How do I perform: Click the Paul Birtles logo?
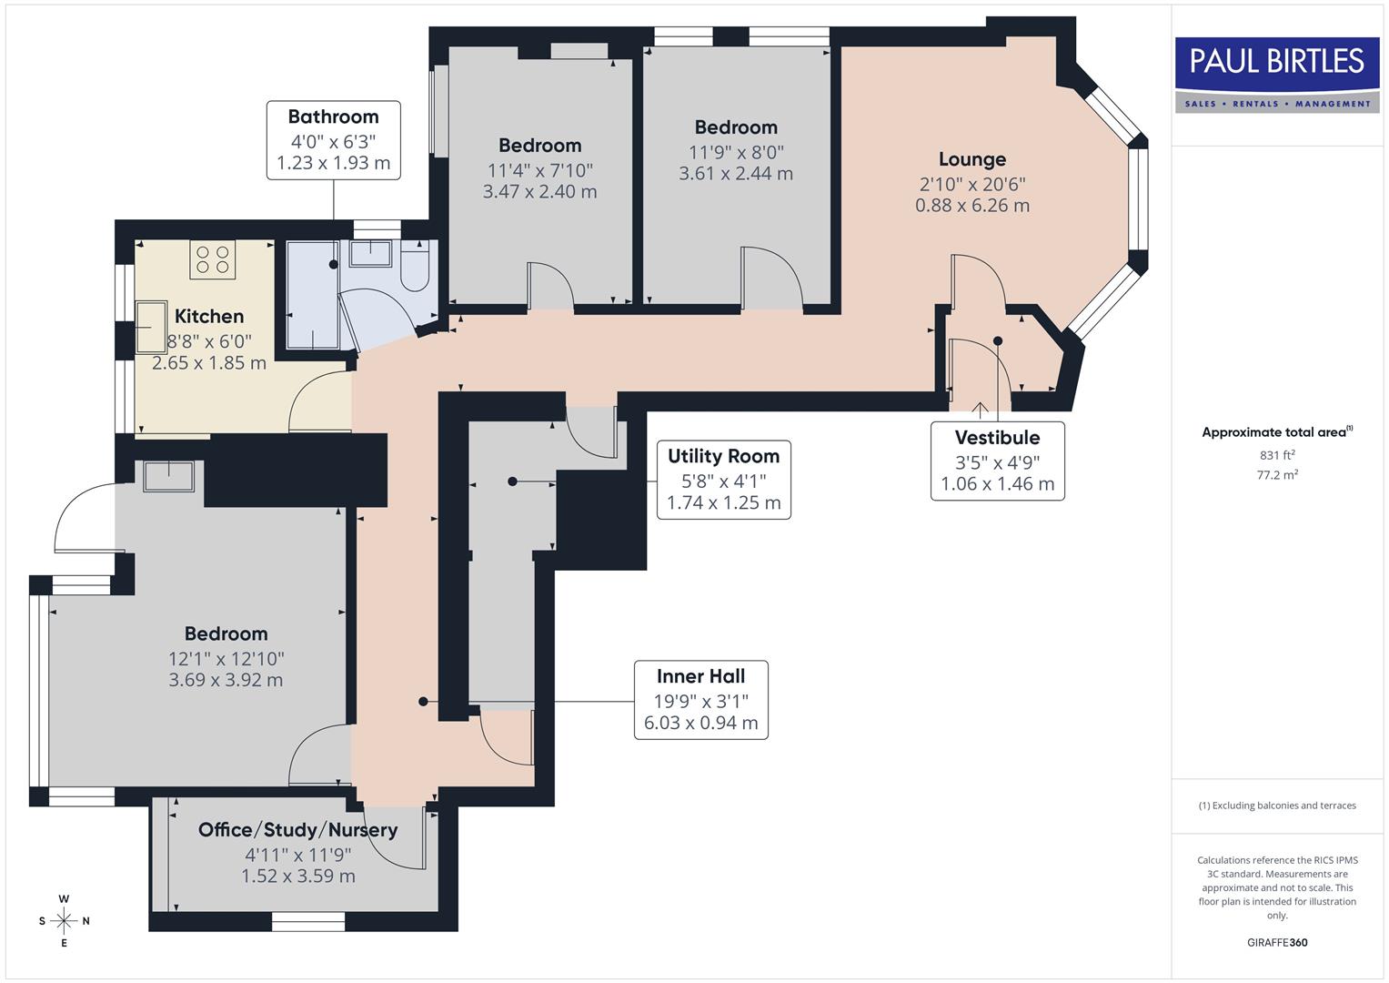1276,75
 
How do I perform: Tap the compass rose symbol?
64,921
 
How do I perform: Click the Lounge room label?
971,159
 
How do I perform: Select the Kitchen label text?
209,316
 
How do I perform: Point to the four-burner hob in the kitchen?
213,259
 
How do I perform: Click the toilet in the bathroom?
415,265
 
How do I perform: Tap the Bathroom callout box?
333,140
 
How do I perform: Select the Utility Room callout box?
723,480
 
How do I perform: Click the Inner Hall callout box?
700,700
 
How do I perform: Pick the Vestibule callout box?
997,461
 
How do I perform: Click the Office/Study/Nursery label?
297,829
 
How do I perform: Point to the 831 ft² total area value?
1277,455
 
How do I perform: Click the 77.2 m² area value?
1277,475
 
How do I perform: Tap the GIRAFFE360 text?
1277,942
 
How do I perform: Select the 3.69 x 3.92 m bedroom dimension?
226,680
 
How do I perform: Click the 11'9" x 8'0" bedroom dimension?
736,152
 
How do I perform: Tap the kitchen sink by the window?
150,327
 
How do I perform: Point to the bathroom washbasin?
370,252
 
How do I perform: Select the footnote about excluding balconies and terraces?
1277,806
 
